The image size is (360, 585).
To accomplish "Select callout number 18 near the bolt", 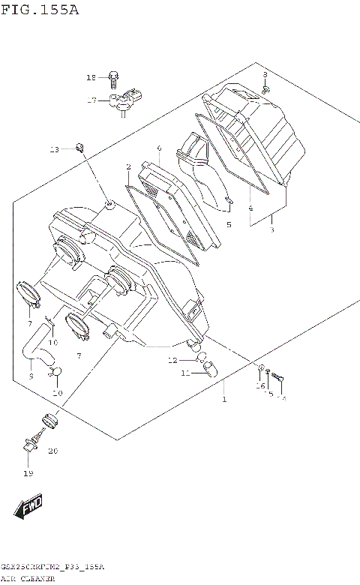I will pos(91,77).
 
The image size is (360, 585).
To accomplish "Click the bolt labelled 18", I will pos(113,76).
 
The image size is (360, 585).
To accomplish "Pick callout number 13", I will pos(54,150).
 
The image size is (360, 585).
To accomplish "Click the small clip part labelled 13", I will pos(81,145).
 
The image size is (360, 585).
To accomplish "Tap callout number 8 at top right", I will pos(265,76).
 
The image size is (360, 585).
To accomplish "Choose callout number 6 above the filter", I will pos(159,148).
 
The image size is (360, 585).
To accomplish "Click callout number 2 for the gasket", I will pos(128,166).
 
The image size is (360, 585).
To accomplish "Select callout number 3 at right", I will pos(272,229).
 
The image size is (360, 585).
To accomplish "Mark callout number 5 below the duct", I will pos(229,224).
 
